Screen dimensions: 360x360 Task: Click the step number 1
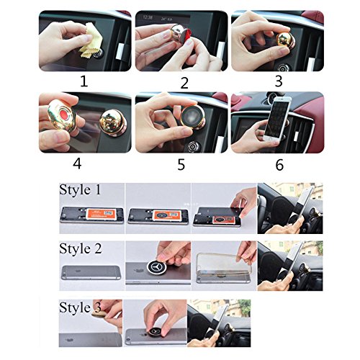tap(84, 81)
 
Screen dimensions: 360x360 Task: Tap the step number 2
tap(184, 83)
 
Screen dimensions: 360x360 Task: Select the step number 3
tap(279, 81)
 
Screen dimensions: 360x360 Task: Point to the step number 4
tap(77, 164)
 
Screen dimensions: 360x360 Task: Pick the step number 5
tap(181, 165)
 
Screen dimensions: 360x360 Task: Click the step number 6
tap(279, 165)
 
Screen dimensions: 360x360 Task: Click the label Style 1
tap(80, 190)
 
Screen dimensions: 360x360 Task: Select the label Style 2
tap(81, 248)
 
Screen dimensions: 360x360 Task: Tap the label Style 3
tap(80, 307)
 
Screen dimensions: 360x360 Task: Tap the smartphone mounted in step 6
tap(277, 119)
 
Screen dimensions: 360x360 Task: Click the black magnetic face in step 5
tap(191, 118)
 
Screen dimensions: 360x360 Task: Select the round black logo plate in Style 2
tap(157, 266)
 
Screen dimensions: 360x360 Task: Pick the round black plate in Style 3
tap(156, 333)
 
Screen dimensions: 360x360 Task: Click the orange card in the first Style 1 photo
tap(99, 215)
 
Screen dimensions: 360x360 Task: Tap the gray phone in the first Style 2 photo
tap(91, 272)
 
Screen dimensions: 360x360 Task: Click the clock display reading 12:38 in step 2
tap(148, 17)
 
